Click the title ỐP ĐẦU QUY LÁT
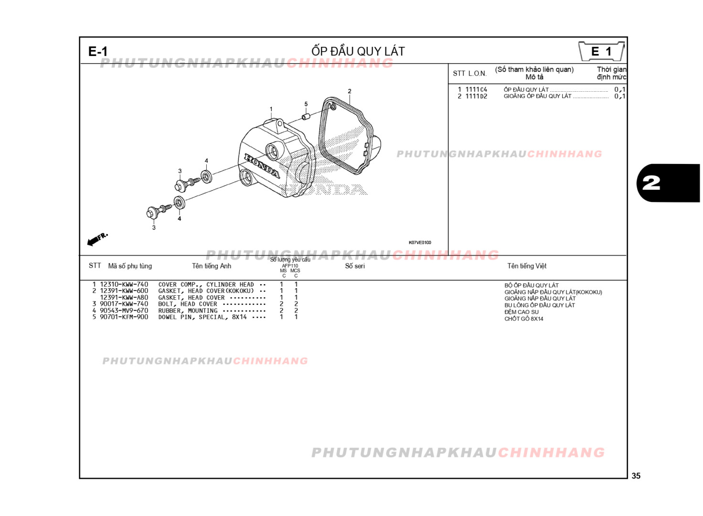point(358,51)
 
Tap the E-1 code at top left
point(98,52)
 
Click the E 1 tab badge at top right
point(601,51)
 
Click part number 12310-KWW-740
point(124,284)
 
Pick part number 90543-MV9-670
point(124,311)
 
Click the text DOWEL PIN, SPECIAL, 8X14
point(202,317)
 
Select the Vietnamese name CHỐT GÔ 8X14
point(523,319)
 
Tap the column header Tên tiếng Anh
point(212,266)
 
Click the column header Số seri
point(355,266)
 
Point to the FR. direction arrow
point(97,239)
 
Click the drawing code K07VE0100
point(420,243)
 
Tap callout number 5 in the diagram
point(306,104)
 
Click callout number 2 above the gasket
point(350,91)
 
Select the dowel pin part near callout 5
point(306,116)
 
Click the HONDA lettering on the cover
point(262,166)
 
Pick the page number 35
point(636,476)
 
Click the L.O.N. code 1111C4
point(476,89)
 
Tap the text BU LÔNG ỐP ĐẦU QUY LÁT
point(539,305)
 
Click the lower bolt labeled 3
point(158,210)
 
